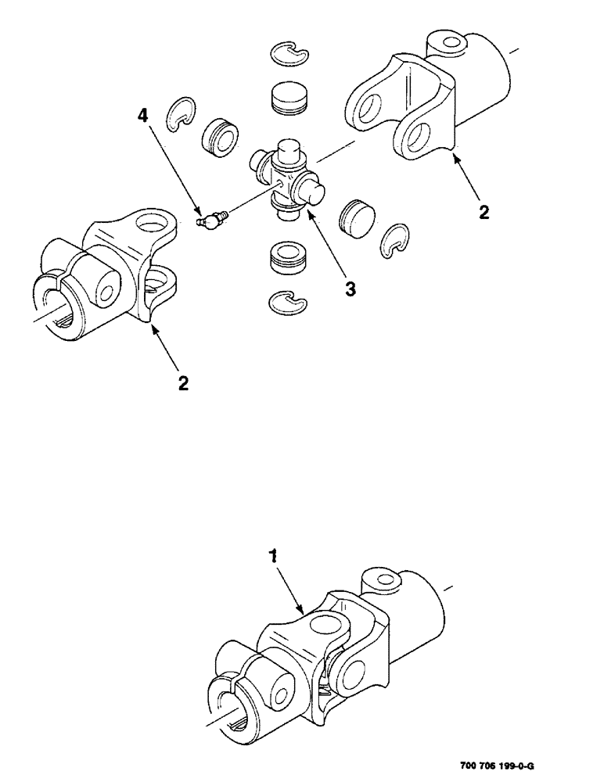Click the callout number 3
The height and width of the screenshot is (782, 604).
click(x=351, y=289)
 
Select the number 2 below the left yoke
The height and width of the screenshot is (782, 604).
click(x=183, y=383)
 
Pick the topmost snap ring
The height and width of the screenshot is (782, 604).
click(x=289, y=52)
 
